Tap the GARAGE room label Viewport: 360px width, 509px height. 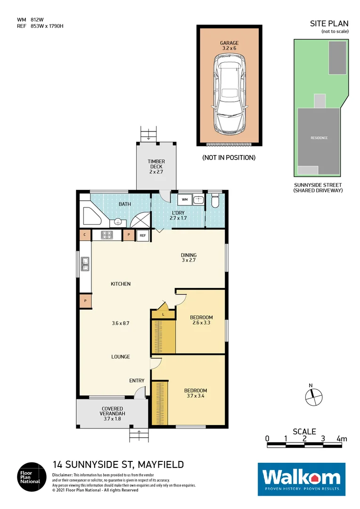pyautogui.click(x=229, y=43)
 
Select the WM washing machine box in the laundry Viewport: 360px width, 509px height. pyautogui.click(x=184, y=200)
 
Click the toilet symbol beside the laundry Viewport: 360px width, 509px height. pyautogui.click(x=215, y=202)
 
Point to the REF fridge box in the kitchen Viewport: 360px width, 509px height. pyautogui.click(x=142, y=235)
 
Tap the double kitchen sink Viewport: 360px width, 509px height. pyautogui.click(x=85, y=264)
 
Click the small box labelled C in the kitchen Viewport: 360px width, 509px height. pyautogui.click(x=85, y=235)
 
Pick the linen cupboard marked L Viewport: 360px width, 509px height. pyautogui.click(x=163, y=313)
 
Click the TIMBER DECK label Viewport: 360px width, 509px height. pyautogui.click(x=156, y=164)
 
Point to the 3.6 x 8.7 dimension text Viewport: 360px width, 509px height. pyautogui.click(x=121, y=323)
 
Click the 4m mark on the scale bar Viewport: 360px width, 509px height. pyautogui.click(x=342, y=439)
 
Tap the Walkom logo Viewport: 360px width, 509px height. pyautogui.click(x=301, y=479)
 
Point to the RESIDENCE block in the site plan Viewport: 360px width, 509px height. pyautogui.click(x=319, y=138)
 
